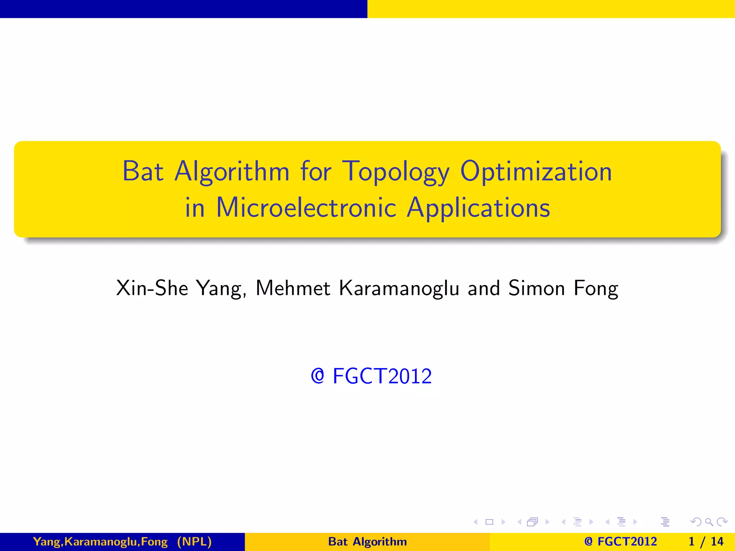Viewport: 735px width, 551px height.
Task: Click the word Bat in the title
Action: pyautogui.click(x=143, y=171)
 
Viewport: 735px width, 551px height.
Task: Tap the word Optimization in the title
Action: pyautogui.click(x=536, y=171)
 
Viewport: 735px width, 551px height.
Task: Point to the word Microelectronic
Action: pyautogui.click(x=306, y=208)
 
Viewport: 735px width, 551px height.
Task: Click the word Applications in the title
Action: pyautogui.click(x=478, y=208)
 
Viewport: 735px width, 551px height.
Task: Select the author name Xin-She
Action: pyautogui.click(x=152, y=288)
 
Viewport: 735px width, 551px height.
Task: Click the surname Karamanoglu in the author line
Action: pyautogui.click(x=399, y=288)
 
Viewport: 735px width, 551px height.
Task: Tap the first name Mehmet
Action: pyautogui.click(x=293, y=288)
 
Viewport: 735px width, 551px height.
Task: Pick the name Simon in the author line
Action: pyautogui.click(x=537, y=288)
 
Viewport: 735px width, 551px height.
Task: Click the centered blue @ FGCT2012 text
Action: pyautogui.click(x=371, y=376)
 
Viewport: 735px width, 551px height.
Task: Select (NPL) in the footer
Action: pyautogui.click(x=194, y=542)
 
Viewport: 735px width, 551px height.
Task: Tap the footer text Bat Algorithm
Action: pyautogui.click(x=367, y=542)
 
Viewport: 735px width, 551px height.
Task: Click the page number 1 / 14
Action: pyautogui.click(x=706, y=542)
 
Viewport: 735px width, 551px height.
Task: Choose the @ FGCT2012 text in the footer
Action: pyautogui.click(x=620, y=542)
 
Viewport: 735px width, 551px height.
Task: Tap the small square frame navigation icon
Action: pyautogui.click(x=489, y=522)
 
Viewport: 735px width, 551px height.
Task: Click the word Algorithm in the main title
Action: pyautogui.click(x=232, y=172)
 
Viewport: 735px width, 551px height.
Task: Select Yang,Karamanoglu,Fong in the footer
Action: pyautogui.click(x=100, y=542)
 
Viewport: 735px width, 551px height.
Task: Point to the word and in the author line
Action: pyautogui.click(x=484, y=288)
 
